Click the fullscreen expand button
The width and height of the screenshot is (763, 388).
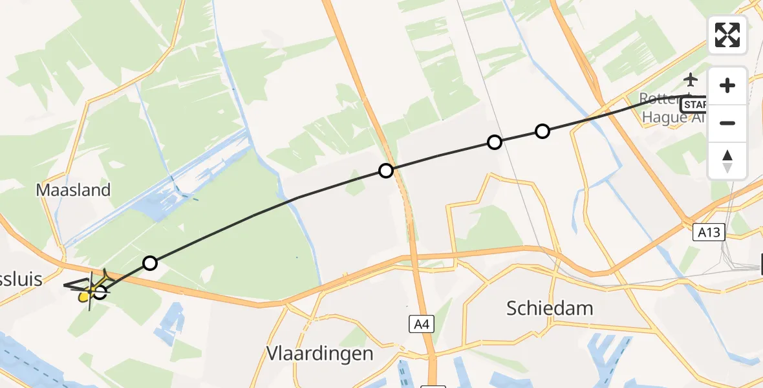tap(727, 34)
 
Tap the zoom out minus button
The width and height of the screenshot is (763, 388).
tap(727, 123)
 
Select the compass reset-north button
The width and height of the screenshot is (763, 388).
tap(727, 161)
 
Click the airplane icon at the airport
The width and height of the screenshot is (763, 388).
tap(691, 80)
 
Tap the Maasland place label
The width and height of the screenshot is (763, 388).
tap(73, 190)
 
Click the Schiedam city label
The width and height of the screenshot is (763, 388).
tap(551, 308)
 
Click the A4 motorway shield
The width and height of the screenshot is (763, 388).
tap(420, 323)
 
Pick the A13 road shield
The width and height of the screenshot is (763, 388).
tap(708, 233)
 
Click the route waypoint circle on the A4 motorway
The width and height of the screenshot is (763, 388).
tap(386, 171)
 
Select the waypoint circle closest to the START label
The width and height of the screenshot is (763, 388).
tap(543, 131)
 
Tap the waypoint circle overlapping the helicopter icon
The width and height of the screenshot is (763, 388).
tap(100, 292)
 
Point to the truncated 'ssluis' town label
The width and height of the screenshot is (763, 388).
tap(21, 279)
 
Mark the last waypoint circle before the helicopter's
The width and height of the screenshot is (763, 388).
tap(150, 263)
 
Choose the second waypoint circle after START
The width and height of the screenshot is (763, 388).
tap(495, 142)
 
